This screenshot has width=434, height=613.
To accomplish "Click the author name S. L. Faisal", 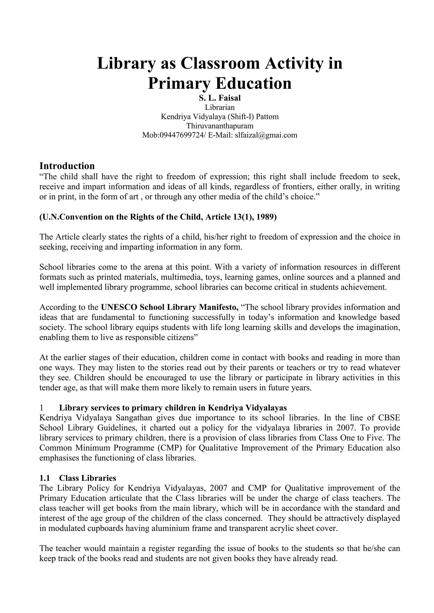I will tap(220, 98).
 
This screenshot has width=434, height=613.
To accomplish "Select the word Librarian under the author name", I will tap(220, 107).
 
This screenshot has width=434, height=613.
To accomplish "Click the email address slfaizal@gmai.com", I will tap(266, 135).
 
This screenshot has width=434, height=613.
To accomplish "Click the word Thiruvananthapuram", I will tap(220, 126).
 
